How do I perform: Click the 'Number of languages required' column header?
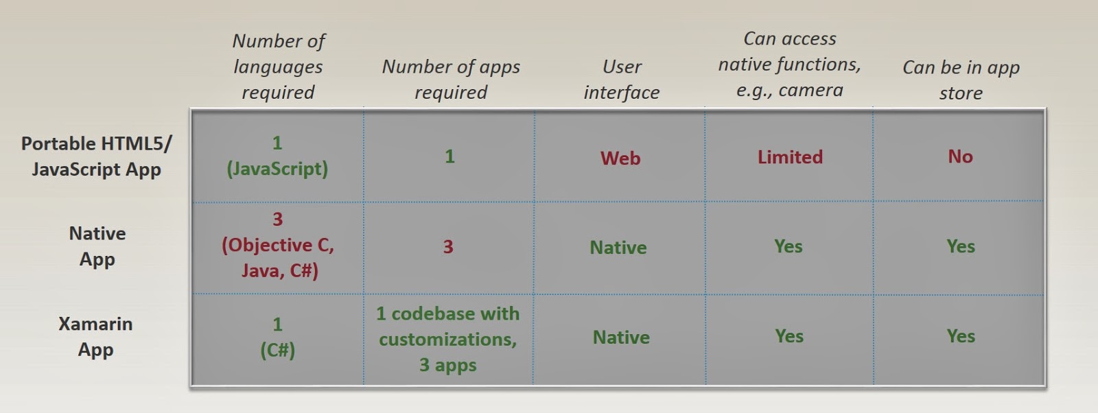279,67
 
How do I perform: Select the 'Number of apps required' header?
451,80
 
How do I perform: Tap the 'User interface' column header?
622,80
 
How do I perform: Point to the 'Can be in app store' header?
961,80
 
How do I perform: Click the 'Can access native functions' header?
790,64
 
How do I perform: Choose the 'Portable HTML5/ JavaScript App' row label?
97,156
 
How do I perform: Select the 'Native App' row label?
97,246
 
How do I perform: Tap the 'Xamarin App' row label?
95,337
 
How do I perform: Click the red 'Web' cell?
620,158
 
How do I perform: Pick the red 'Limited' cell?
790,157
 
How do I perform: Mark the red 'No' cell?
960,156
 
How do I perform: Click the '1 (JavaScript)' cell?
277,156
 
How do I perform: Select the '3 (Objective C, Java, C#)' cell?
278,245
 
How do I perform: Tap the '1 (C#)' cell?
277,338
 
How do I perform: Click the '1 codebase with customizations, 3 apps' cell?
448,339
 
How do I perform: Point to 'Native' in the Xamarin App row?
621,337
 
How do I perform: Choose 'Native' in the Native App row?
618,248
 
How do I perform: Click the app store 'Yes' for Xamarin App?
961,336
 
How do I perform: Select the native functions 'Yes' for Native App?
789,246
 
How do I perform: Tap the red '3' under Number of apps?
448,246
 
